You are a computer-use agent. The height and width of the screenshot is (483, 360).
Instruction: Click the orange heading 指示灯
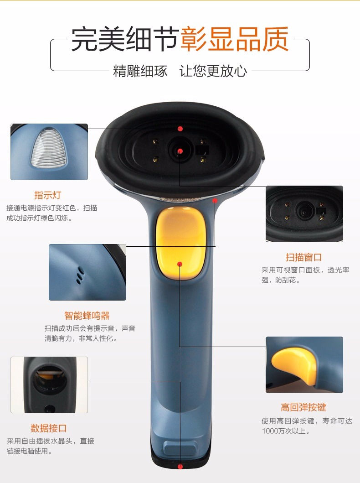tap(48, 195)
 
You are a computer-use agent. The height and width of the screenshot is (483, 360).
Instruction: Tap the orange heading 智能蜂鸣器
tap(87, 316)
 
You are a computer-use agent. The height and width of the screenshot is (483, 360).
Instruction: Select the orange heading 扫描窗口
tap(303, 257)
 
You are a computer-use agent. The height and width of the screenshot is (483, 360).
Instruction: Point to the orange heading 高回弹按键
tap(303, 407)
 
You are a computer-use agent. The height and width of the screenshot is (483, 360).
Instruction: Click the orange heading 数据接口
tap(49, 428)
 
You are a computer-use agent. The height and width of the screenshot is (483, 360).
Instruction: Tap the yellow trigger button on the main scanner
tap(180, 244)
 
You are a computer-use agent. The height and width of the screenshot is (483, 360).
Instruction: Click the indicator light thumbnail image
tap(49, 152)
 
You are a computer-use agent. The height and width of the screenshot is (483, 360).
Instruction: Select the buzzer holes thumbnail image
tap(87, 272)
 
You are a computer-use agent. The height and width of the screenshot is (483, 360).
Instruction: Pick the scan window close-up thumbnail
tap(304, 214)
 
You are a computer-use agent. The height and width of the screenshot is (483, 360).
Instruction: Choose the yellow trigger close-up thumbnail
tap(304, 365)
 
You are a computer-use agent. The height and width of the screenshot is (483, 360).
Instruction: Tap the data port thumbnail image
tap(49, 385)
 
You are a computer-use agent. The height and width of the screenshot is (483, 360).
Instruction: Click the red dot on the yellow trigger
tap(180, 264)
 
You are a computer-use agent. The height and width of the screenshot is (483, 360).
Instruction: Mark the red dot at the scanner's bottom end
tap(180, 467)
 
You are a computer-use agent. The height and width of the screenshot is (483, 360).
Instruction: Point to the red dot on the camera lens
tap(180, 151)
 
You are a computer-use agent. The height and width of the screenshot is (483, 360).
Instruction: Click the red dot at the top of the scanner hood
tap(180, 129)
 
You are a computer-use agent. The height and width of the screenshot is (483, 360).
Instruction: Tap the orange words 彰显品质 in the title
tap(235, 39)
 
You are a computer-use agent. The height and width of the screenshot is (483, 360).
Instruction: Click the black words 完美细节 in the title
tap(125, 39)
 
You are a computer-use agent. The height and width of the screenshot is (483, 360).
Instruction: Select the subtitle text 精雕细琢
tap(140, 71)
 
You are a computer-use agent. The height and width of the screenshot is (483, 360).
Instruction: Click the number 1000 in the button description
tap(270, 431)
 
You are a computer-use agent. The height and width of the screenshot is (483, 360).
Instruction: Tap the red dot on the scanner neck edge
tap(215, 201)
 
